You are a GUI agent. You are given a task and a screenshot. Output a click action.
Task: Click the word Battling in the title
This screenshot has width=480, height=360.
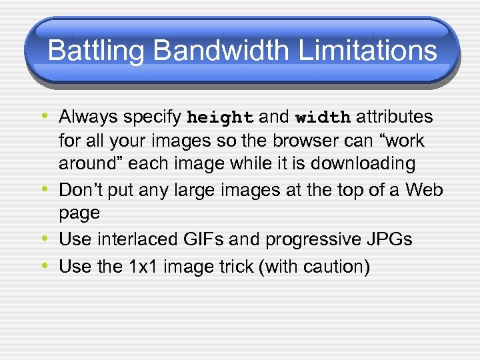point(88,51)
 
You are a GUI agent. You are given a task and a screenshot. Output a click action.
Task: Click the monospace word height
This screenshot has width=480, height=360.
point(220,118)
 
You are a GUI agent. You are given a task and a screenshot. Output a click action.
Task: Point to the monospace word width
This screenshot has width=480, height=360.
point(323,118)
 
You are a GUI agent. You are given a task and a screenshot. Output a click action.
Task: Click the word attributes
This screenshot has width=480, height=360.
point(395,117)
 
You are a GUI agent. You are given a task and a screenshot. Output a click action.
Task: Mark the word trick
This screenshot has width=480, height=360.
point(235,267)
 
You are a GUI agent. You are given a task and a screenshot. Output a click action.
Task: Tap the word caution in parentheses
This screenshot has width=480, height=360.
point(331,267)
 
